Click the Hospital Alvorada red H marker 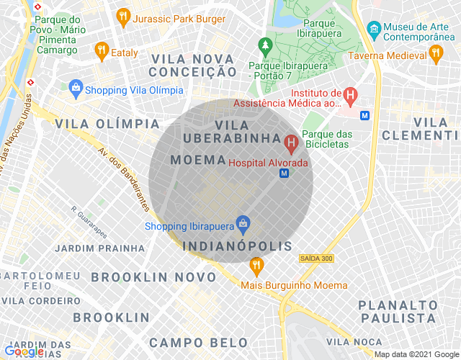coord(292,144)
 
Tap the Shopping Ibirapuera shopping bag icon coord(243,225)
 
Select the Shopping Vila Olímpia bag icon coord(76,89)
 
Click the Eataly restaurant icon coord(102,50)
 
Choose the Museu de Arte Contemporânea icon coord(374,30)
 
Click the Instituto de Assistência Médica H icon coord(350,94)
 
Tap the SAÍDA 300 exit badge coord(316,258)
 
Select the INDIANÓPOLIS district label coord(238,246)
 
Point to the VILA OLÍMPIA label coord(107,123)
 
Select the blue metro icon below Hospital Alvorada coord(285,174)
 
